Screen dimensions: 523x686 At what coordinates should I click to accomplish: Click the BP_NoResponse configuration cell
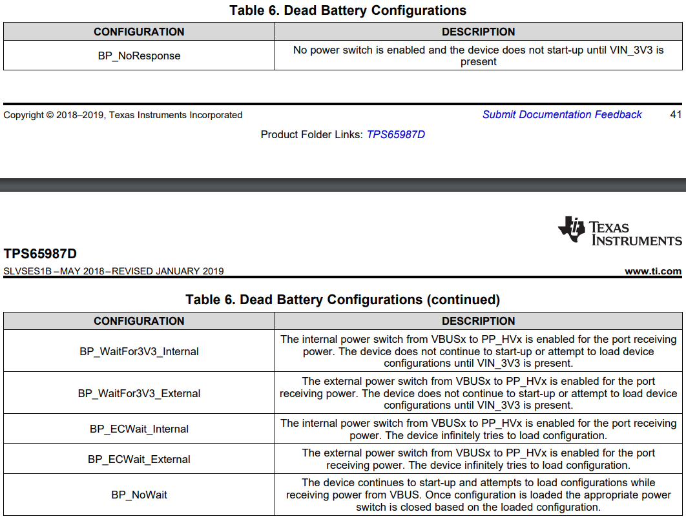[x=139, y=56]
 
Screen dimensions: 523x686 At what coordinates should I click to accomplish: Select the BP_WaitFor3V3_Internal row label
[x=139, y=351]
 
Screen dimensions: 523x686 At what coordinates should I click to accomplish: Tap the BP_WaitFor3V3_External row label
[x=139, y=393]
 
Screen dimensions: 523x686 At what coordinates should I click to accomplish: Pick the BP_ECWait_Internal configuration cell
[x=139, y=429]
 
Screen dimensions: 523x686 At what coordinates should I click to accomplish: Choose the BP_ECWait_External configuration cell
[x=139, y=459]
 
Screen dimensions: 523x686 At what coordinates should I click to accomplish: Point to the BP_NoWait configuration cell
[x=139, y=495]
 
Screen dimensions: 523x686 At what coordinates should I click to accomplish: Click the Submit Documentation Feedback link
[x=562, y=114]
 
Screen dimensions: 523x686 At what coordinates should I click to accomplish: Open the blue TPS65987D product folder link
[x=396, y=134]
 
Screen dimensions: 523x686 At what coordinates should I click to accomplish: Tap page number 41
[x=676, y=114]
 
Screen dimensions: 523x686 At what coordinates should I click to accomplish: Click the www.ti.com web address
[x=653, y=271]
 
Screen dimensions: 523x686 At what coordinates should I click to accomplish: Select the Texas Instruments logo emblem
[x=572, y=229]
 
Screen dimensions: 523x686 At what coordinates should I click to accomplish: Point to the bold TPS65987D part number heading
[x=40, y=254]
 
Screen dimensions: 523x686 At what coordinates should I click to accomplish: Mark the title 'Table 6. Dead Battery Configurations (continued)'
[x=342, y=300]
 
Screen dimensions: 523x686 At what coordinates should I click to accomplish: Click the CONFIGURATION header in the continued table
[x=139, y=321]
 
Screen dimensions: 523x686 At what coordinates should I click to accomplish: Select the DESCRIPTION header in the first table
[x=478, y=32]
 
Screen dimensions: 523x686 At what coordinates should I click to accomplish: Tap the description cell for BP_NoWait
[x=478, y=495]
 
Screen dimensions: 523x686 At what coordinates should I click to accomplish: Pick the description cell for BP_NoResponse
[x=478, y=56]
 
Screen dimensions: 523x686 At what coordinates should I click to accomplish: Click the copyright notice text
[x=123, y=115]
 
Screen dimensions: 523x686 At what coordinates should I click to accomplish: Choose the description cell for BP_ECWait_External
[x=478, y=459]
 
